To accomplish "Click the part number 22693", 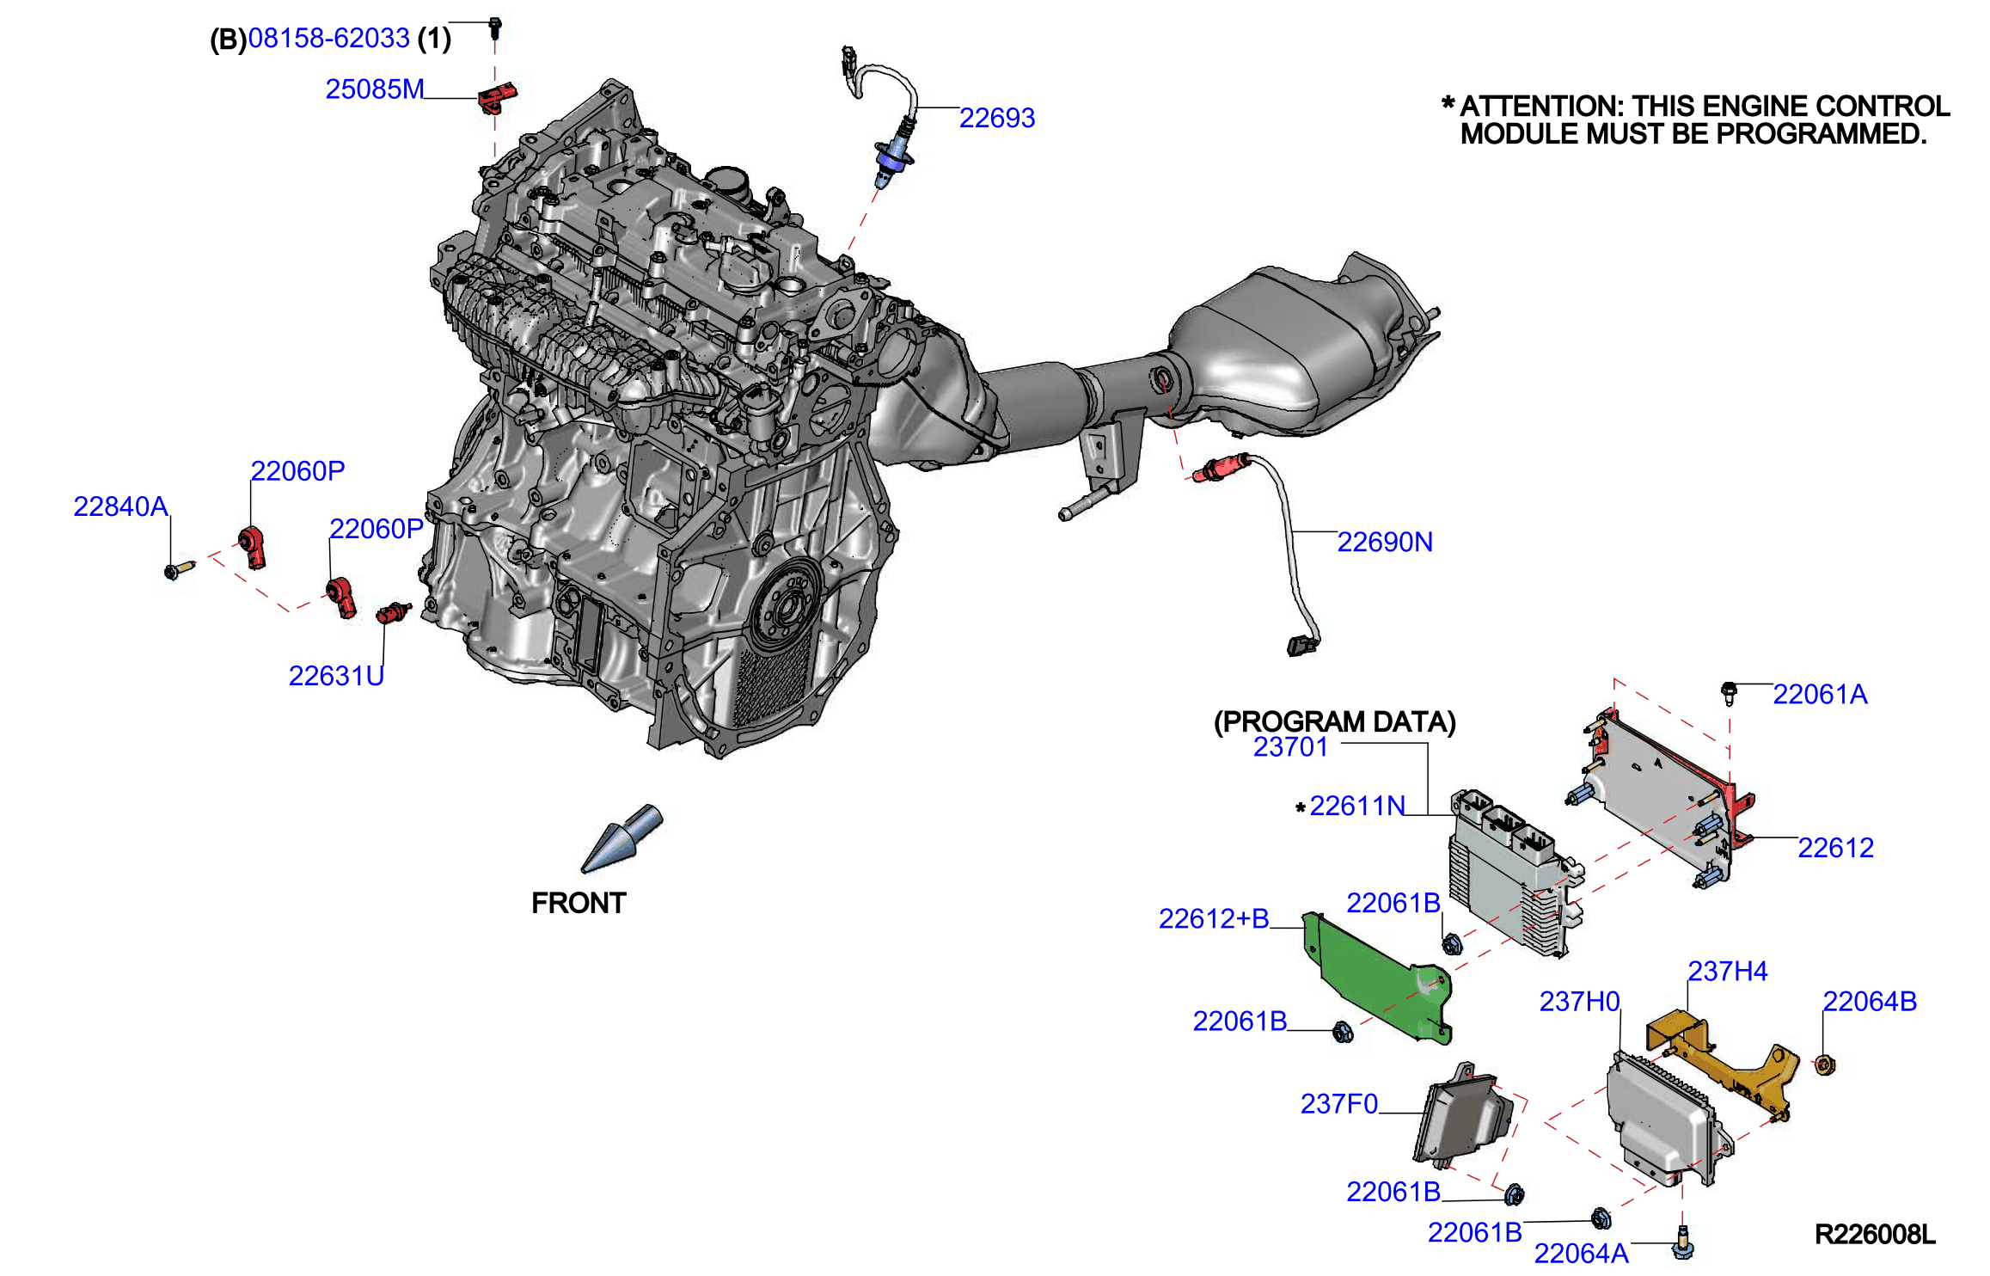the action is pyautogui.click(x=996, y=118).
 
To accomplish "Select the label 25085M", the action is pyautogui.click(x=375, y=89).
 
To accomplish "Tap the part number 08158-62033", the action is pyautogui.click(x=328, y=38).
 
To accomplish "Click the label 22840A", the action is pyautogui.click(x=120, y=506).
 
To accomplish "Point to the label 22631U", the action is pyautogui.click(x=336, y=676).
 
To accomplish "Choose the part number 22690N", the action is pyautogui.click(x=1385, y=542).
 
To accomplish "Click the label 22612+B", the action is pyautogui.click(x=1214, y=918).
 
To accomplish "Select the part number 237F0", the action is pyautogui.click(x=1338, y=1103).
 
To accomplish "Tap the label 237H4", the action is pyautogui.click(x=1728, y=971).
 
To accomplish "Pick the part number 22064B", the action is pyautogui.click(x=1870, y=1001).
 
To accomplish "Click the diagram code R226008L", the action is pyautogui.click(x=1875, y=1235).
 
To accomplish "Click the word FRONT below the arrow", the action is pyautogui.click(x=579, y=903).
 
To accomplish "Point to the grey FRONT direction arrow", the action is pyautogui.click(x=622, y=837).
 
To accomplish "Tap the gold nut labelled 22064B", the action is pyautogui.click(x=1825, y=1065).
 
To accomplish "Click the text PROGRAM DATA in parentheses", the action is pyautogui.click(x=1334, y=721).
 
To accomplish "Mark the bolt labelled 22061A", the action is pyautogui.click(x=1729, y=692).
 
